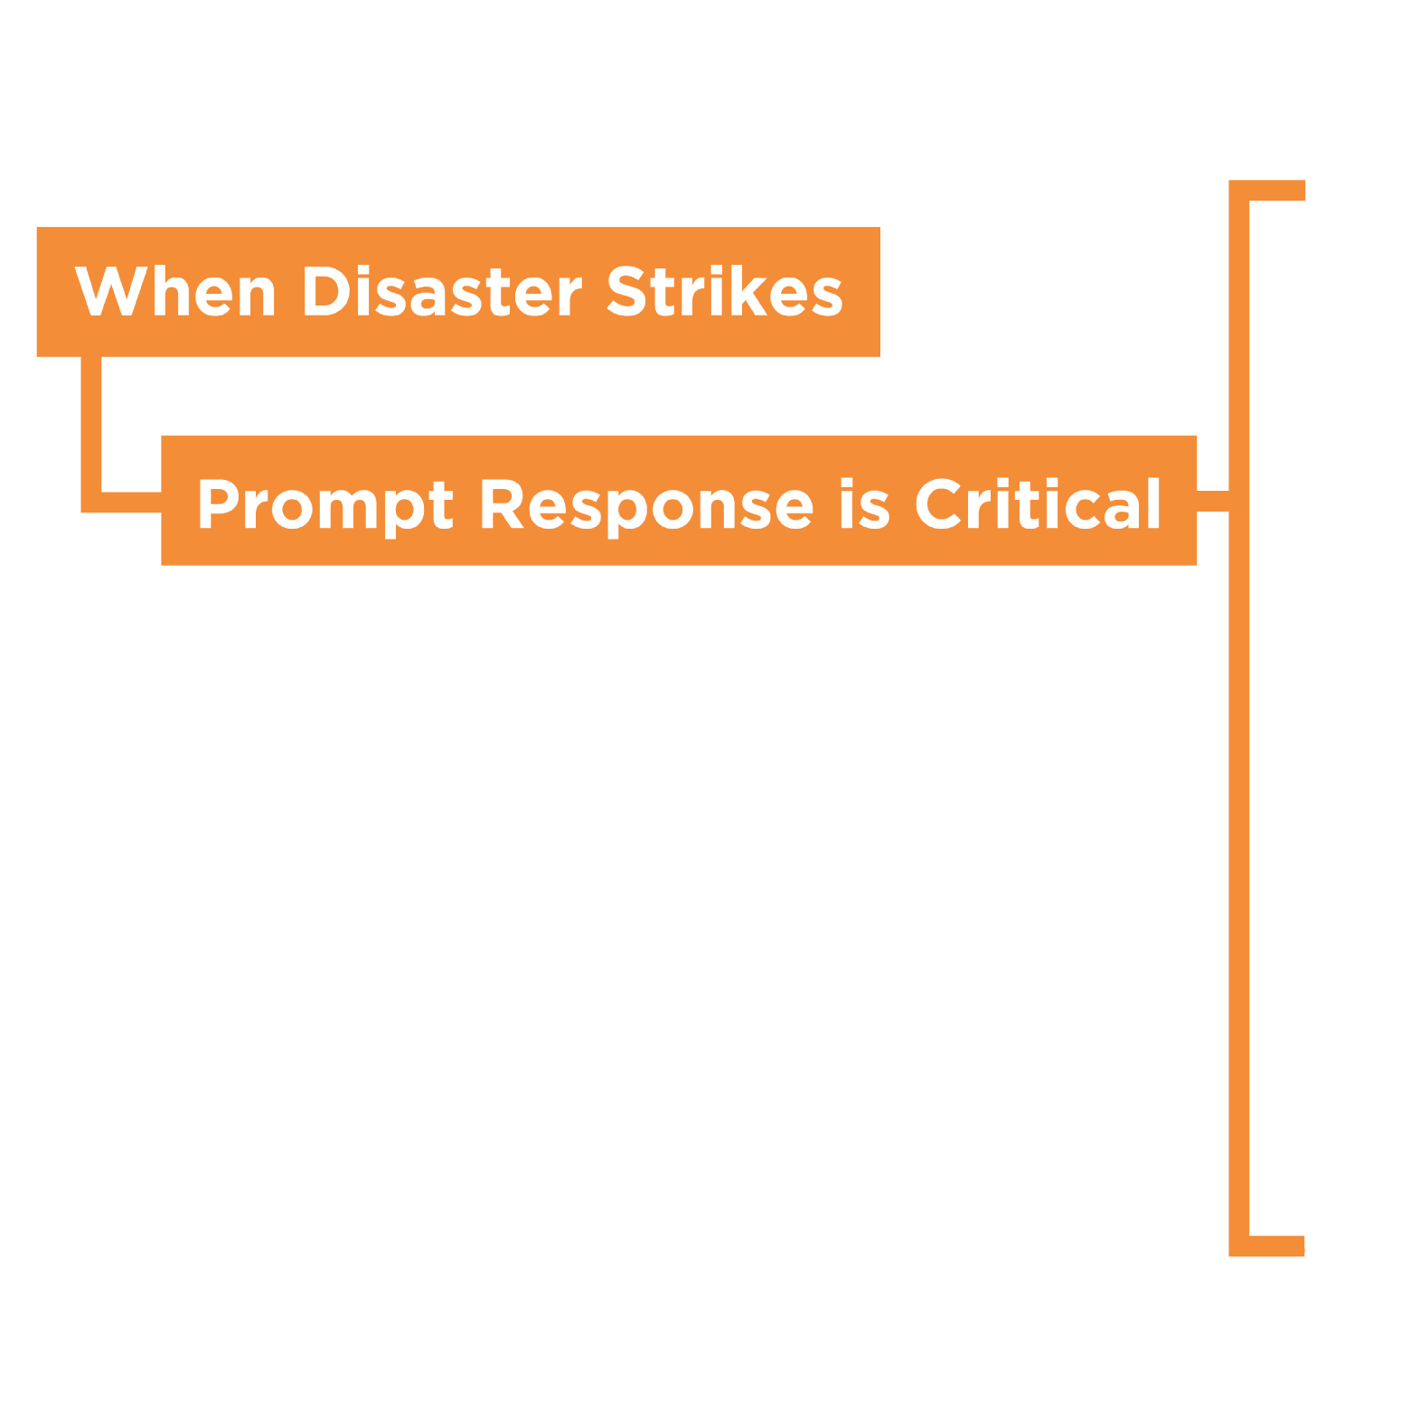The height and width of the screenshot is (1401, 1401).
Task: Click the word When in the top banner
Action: click(x=174, y=292)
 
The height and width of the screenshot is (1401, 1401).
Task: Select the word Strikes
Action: click(x=724, y=292)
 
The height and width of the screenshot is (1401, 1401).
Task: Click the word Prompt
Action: click(x=324, y=504)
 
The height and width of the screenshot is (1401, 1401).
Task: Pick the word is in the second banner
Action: click(x=864, y=504)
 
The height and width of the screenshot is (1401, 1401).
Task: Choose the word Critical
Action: click(x=1038, y=504)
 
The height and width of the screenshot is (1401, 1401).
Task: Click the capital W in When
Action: click(x=110, y=291)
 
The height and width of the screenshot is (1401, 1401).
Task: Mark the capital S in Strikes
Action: click(x=626, y=291)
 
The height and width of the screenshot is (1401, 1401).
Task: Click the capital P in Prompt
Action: click(x=218, y=503)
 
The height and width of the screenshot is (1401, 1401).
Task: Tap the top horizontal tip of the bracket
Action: click(x=1277, y=190)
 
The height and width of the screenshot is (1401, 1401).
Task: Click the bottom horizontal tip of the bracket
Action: click(x=1277, y=1246)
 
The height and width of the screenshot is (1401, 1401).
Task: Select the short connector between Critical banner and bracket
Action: click(x=1213, y=502)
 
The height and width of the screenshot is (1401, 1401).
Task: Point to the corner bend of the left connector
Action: click(x=91, y=503)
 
